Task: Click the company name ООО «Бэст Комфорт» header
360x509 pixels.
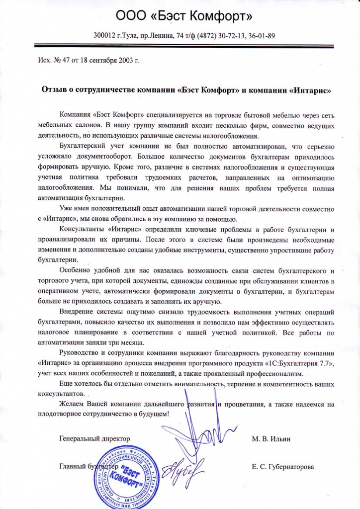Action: (184, 17)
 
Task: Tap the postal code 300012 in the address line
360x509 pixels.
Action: (104, 36)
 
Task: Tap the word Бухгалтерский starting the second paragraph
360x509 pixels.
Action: (83, 147)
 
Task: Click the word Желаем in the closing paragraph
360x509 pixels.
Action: (71, 404)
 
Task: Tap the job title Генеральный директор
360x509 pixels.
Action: (94, 439)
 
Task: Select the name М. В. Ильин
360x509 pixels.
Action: (271, 439)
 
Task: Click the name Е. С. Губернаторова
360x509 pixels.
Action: (283, 468)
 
